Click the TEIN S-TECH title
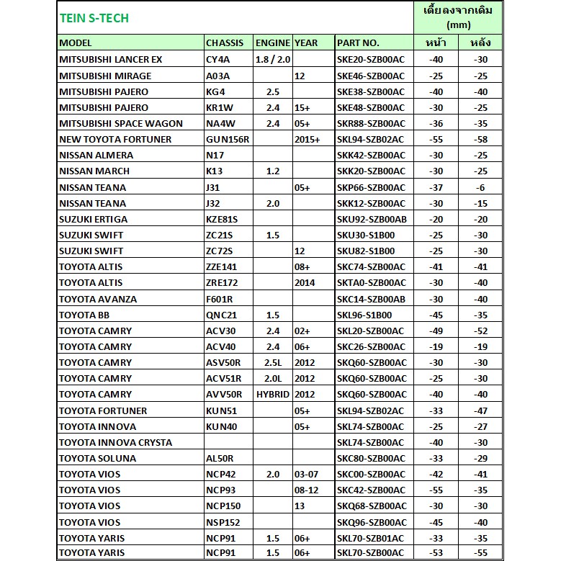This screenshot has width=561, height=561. point(94,19)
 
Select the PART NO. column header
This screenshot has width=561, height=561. point(358,43)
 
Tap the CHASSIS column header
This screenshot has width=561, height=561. point(225,43)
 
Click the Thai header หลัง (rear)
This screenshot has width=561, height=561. point(480,43)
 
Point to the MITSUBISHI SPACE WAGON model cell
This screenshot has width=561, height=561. point(121,123)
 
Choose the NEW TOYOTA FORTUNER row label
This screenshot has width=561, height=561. point(115,139)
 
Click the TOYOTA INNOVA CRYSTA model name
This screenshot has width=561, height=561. point(114,442)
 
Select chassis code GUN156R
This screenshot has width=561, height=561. point(228,139)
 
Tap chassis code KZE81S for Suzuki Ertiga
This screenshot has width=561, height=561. point(222,219)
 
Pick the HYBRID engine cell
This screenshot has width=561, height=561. point(272,395)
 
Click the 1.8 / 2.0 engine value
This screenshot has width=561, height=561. point(273,60)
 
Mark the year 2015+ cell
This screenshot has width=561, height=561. point(307,139)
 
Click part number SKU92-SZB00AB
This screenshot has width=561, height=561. point(371,219)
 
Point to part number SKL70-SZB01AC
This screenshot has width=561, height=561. point(371,538)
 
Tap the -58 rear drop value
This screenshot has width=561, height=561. point(480,139)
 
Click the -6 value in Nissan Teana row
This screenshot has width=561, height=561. point(480,187)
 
